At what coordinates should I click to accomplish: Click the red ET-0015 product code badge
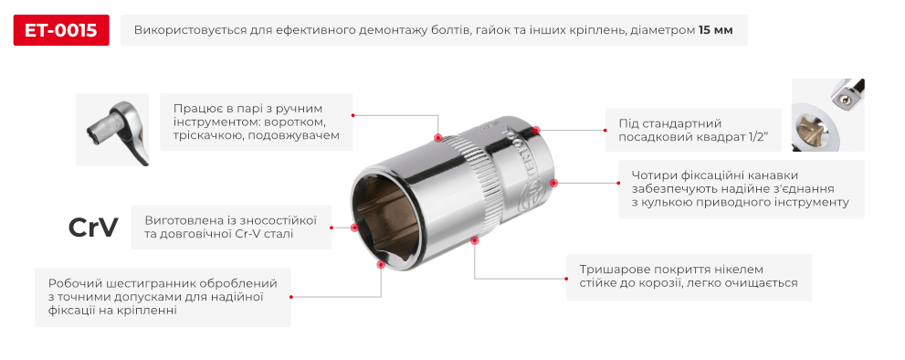click(x=61, y=31)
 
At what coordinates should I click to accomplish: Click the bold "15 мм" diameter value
click(x=715, y=31)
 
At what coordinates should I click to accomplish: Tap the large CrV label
click(x=93, y=228)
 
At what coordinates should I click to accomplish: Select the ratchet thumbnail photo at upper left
click(x=111, y=129)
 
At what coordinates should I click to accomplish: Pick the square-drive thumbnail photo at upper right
click(x=826, y=114)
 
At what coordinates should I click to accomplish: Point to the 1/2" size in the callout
click(x=753, y=137)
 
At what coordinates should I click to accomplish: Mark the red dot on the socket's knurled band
click(x=437, y=139)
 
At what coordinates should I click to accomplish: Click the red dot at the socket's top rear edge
click(x=537, y=131)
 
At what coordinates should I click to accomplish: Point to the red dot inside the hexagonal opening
click(x=380, y=263)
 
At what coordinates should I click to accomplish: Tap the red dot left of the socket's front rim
click(x=354, y=227)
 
